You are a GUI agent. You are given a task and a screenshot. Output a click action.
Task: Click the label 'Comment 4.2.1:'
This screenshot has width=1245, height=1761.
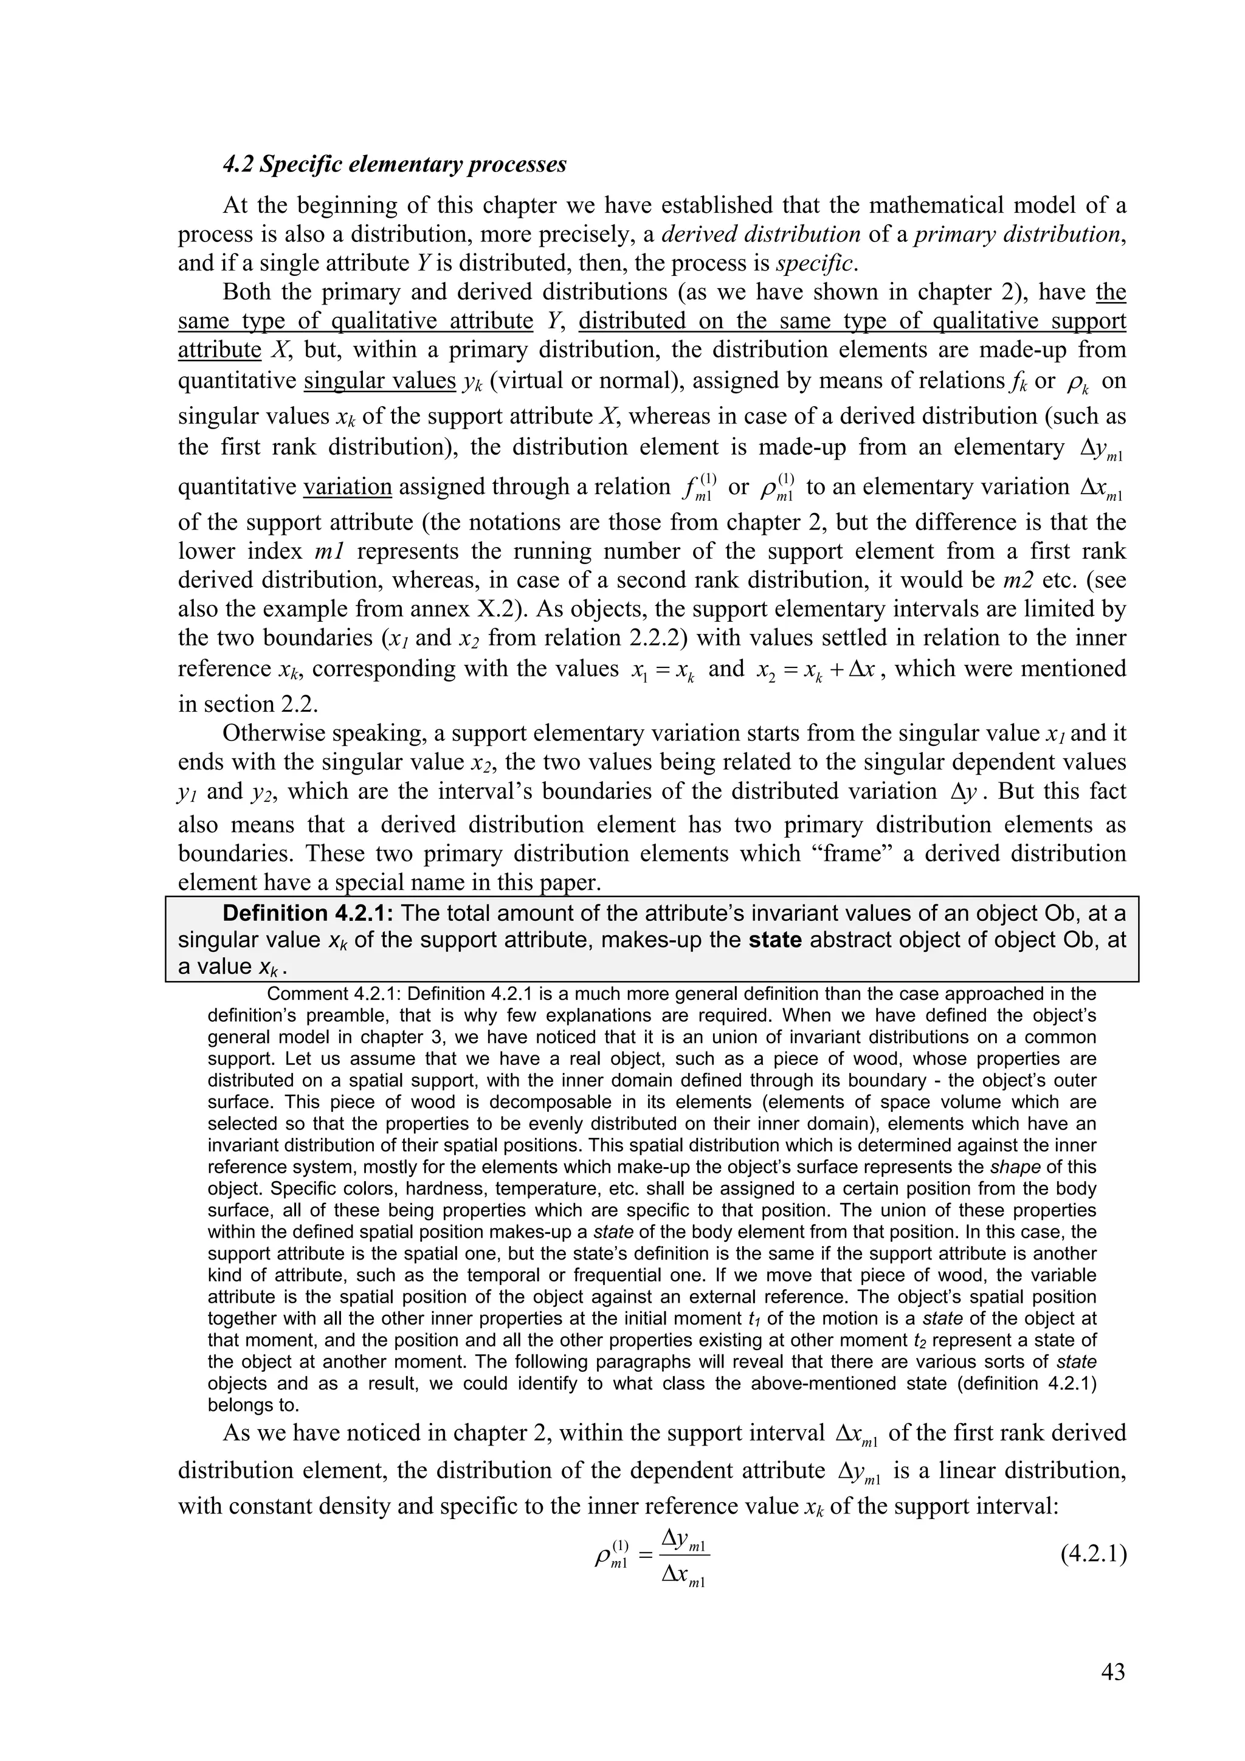tap(334, 994)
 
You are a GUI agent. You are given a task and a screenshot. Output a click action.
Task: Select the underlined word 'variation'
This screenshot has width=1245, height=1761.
tap(348, 487)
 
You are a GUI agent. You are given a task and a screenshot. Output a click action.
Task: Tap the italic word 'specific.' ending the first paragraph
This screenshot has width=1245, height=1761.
tap(817, 263)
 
